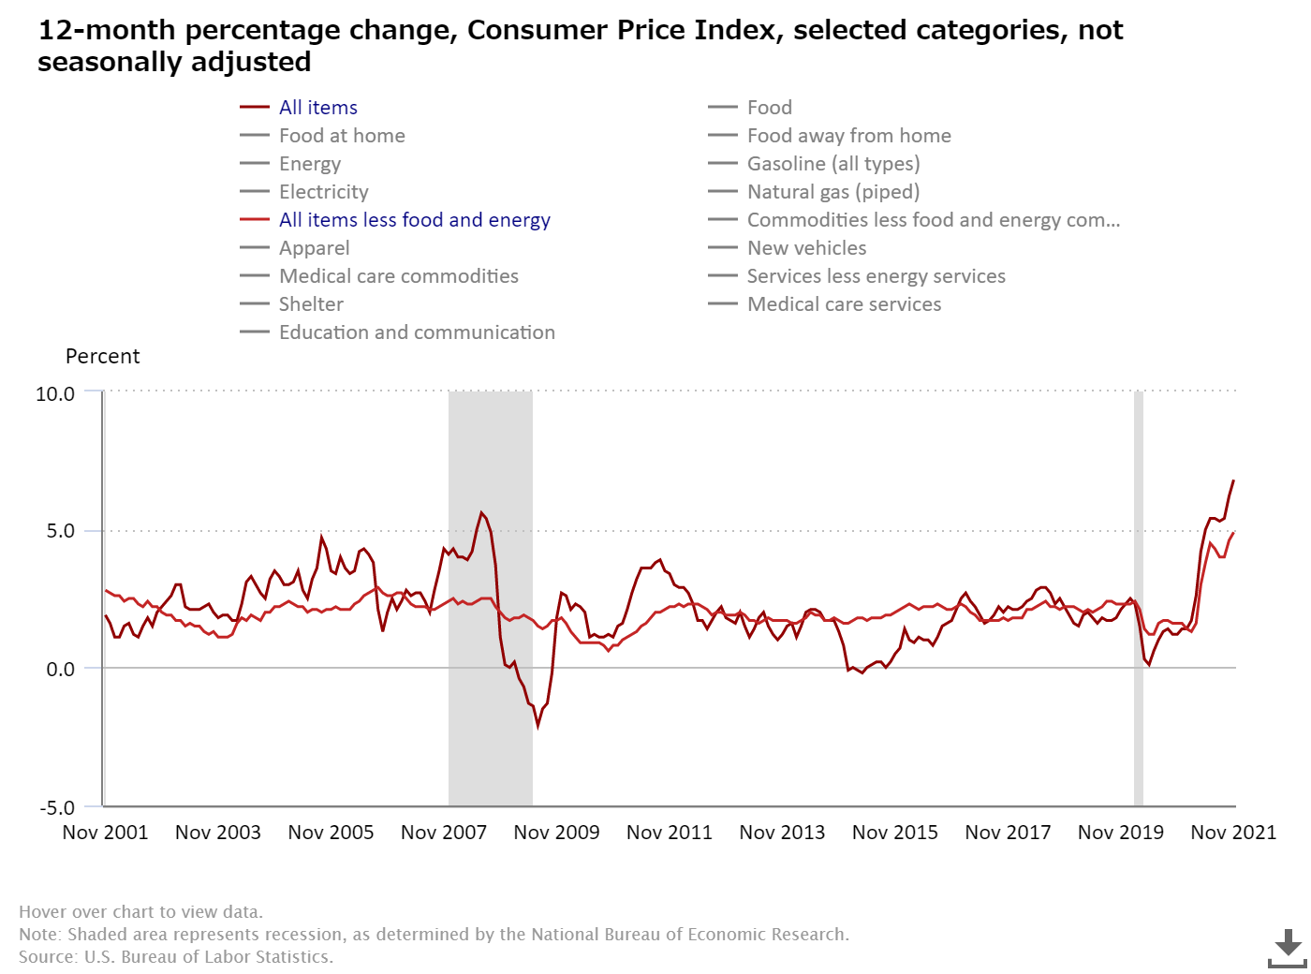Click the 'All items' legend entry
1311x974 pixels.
[317, 108]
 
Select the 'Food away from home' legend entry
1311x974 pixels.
[848, 136]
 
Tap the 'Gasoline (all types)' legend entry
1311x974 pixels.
[832, 164]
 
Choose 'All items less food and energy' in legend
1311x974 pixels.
[414, 220]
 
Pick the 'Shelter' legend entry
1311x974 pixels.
[311, 304]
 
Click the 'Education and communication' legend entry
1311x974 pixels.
[417, 332]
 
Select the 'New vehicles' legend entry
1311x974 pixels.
[806, 248]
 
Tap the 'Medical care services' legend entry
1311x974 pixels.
[844, 304]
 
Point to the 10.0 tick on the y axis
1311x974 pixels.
[55, 394]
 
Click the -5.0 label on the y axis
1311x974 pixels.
[56, 807]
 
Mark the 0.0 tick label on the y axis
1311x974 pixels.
[60, 669]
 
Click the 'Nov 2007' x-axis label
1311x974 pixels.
[444, 833]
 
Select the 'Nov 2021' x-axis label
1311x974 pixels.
[1233, 833]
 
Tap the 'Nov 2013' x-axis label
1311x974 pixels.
[782, 833]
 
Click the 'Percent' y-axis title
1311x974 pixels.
[102, 357]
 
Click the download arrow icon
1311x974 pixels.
[1288, 948]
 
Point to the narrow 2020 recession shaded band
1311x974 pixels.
[1139, 599]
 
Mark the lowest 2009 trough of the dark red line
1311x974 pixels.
[538, 725]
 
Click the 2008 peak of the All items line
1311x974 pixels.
[481, 512]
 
